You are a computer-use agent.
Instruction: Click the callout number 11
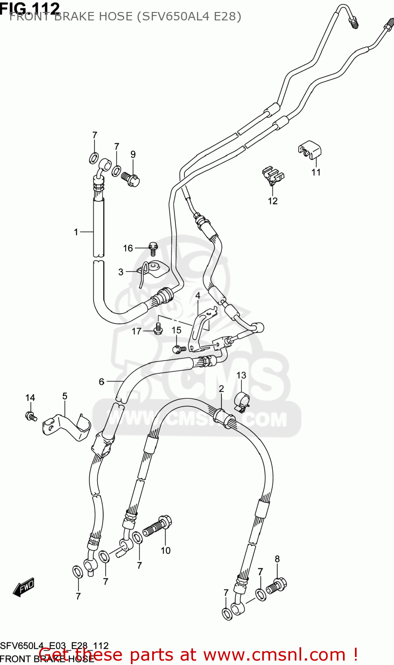tap(316, 172)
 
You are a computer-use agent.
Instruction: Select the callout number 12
tap(272, 201)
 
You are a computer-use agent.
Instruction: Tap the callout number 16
tap(128, 248)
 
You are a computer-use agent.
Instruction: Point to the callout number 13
tap(241, 376)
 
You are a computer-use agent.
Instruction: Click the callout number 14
tap(30, 398)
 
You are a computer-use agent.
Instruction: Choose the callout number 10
tap(165, 550)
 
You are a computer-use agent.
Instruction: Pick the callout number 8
tap(277, 559)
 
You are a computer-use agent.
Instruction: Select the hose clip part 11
tap(310, 150)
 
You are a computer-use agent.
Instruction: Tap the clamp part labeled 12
tap(272, 175)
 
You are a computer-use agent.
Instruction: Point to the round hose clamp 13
tap(240, 401)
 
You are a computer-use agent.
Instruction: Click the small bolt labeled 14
tap(31, 416)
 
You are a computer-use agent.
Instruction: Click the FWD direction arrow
tap(24, 587)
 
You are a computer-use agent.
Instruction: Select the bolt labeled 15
tap(177, 349)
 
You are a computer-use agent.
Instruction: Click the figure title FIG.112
tap(30, 8)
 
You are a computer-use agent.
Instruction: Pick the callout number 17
tap(136, 331)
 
